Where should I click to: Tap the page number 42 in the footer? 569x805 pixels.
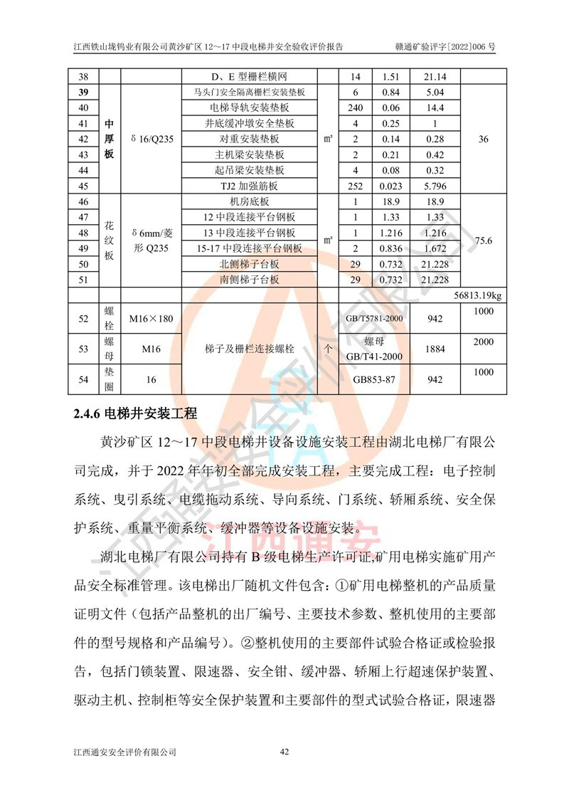tap(284, 752)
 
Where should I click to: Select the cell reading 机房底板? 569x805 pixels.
tap(249, 201)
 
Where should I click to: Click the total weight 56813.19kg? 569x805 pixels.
tap(478, 295)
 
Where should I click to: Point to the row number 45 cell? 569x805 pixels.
tap(83, 186)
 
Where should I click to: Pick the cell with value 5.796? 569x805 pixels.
tap(433, 186)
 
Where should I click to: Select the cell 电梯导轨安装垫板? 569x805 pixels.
tap(249, 107)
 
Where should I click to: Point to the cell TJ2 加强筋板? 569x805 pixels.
tap(249, 186)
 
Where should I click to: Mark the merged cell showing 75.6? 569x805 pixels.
tap(483, 241)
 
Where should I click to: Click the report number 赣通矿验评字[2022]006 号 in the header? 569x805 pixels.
tap(445, 47)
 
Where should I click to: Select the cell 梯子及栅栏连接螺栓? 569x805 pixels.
tap(249, 349)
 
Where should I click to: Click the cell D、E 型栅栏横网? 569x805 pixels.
tap(249, 76)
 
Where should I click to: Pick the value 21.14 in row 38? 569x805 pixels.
tap(433, 76)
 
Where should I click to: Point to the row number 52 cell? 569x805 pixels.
tap(83, 318)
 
